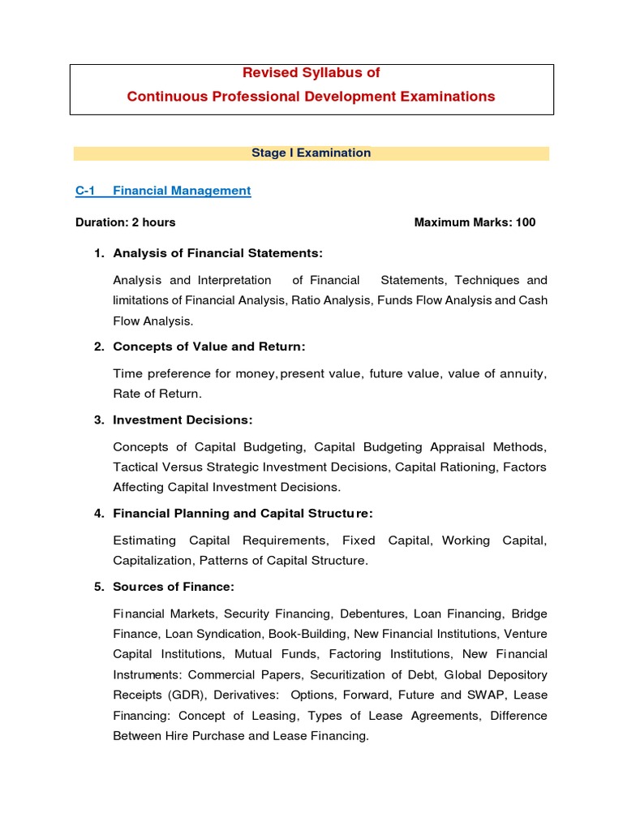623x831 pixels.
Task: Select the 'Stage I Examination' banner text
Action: pyautogui.click(x=311, y=153)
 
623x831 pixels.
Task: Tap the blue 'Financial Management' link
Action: pyautogui.click(x=182, y=191)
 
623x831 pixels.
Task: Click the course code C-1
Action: pyautogui.click(x=85, y=191)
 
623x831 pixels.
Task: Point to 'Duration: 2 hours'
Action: pyautogui.click(x=125, y=222)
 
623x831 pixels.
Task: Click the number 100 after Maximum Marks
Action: pyautogui.click(x=525, y=222)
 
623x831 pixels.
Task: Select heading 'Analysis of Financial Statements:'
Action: pyautogui.click(x=217, y=253)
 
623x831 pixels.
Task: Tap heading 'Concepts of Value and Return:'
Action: pyautogui.click(x=209, y=347)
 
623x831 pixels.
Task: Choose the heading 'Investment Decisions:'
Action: pyautogui.click(x=183, y=420)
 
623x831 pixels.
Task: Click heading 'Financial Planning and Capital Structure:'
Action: pyautogui.click(x=243, y=513)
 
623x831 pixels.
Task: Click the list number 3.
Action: pyautogui.click(x=99, y=420)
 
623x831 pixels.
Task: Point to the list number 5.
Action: pyautogui.click(x=99, y=586)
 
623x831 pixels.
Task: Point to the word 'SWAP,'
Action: pyautogui.click(x=487, y=695)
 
